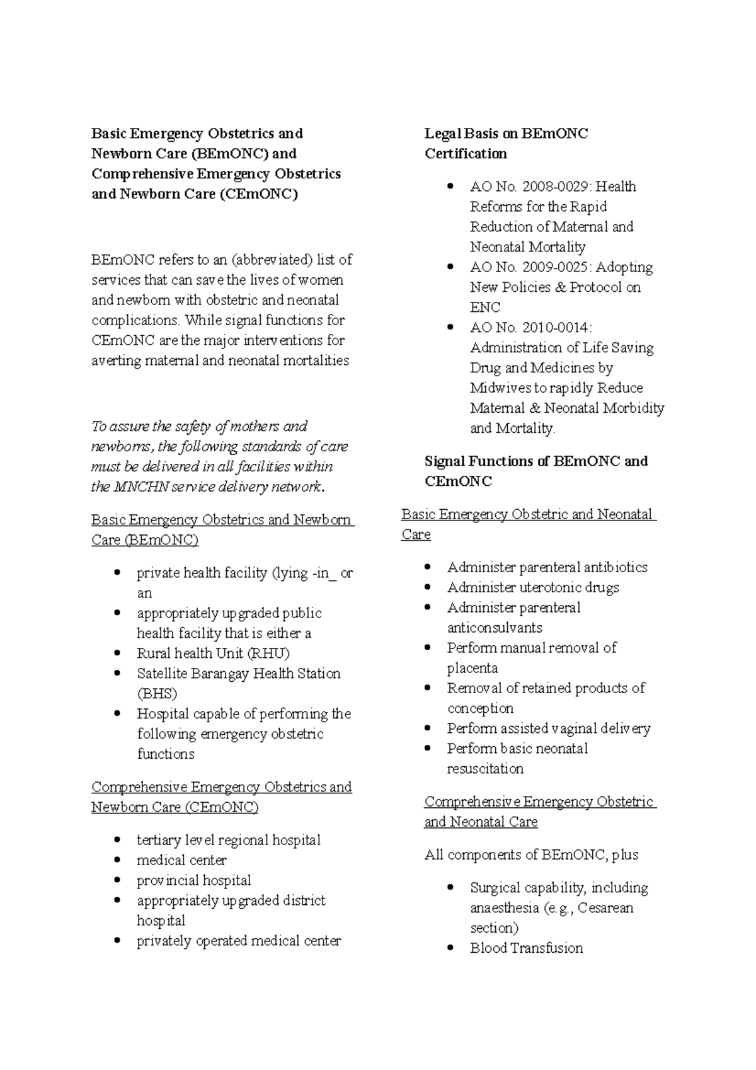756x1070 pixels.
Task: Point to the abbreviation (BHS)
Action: click(x=157, y=694)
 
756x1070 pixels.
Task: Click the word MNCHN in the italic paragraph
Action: click(x=139, y=487)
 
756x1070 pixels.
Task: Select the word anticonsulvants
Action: click(x=495, y=628)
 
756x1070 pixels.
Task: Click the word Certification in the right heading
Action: click(x=466, y=154)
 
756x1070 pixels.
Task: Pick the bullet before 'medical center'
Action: click(x=117, y=860)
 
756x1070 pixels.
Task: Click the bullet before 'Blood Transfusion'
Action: click(x=450, y=948)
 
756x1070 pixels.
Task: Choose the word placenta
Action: click(x=472, y=668)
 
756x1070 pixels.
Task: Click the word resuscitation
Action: click(x=485, y=769)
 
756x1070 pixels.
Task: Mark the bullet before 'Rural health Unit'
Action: click(x=117, y=653)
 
